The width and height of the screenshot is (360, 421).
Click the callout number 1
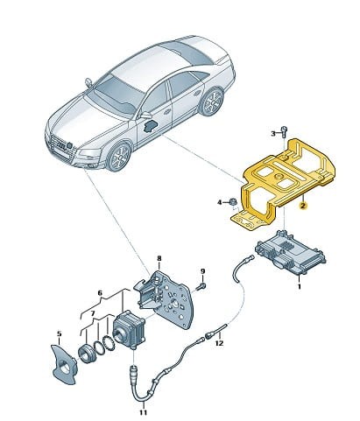click(x=300, y=285)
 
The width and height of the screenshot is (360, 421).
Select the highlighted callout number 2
click(x=303, y=207)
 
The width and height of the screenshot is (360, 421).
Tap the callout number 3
click(x=272, y=132)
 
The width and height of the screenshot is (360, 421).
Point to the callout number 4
click(x=221, y=203)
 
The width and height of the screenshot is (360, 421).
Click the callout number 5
click(x=60, y=333)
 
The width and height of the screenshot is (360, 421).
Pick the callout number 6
click(x=101, y=293)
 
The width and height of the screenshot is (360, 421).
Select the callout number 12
click(x=221, y=343)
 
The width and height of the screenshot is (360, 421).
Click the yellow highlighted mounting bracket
click(x=272, y=179)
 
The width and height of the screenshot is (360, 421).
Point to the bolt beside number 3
click(x=285, y=131)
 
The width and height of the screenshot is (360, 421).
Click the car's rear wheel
click(x=210, y=103)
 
